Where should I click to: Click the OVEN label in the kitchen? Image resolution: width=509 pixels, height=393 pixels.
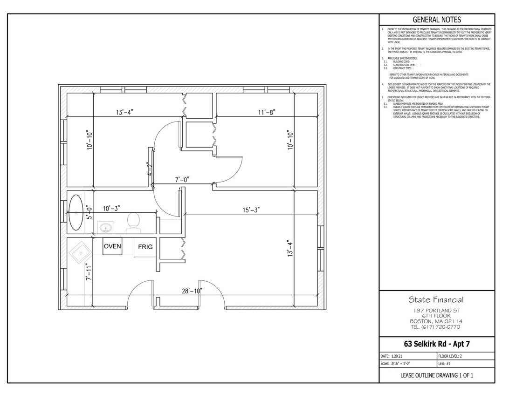[112, 246]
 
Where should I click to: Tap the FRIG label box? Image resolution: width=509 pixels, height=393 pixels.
[144, 247]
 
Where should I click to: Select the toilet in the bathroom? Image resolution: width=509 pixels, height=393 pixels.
[133, 222]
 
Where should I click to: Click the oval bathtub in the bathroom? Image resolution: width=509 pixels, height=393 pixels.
[76, 213]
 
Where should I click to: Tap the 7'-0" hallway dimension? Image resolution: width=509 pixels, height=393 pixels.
[182, 179]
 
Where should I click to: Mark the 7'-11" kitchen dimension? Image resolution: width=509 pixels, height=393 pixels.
[89, 271]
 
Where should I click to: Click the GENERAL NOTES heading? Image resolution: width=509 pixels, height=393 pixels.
[437, 20]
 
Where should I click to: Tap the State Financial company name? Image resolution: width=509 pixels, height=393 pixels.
[436, 299]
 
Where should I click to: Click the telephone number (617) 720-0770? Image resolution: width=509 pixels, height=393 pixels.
[436, 326]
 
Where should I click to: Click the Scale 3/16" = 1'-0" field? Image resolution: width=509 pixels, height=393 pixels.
[396, 363]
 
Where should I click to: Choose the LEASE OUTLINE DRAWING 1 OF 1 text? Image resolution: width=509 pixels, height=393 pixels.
[436, 375]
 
